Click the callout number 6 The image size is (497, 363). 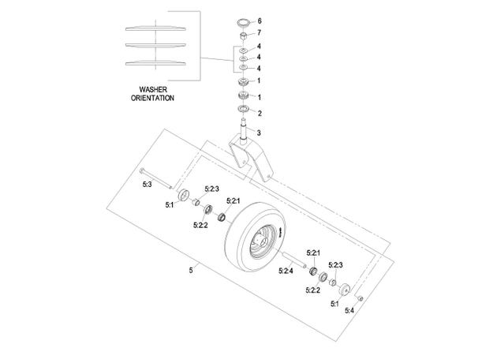coord(260,21)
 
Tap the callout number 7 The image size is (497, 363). coord(260,32)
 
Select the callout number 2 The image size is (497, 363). coord(260,113)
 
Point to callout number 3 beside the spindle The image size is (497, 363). coord(259,133)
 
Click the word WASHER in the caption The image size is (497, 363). coord(153,90)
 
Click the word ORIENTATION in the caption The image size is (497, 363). coord(152,98)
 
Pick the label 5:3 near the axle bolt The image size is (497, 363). coord(147,184)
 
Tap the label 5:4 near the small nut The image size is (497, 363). coord(349,311)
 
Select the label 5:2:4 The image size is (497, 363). coord(286,271)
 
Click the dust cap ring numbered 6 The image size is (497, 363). coord(244,23)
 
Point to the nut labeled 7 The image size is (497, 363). coord(243,36)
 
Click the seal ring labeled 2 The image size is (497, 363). coord(243,109)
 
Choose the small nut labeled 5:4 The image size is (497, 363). coord(360,298)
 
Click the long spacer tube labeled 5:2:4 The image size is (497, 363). coord(294,260)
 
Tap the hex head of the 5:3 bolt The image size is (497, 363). coord(142,170)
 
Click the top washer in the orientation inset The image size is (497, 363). coord(155,28)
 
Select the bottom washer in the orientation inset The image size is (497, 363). coord(155,63)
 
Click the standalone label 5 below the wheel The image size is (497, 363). coord(191,271)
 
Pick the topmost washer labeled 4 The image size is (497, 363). coord(243,51)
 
